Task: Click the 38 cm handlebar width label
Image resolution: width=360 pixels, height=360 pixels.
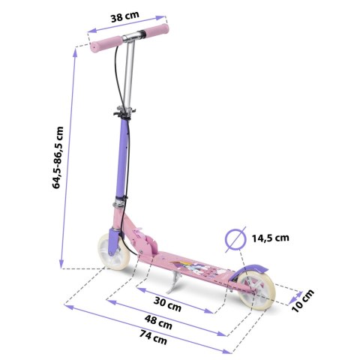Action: (124, 16)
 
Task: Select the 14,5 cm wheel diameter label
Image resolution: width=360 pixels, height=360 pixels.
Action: (270, 238)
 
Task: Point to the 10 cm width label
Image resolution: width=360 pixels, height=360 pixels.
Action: (303, 301)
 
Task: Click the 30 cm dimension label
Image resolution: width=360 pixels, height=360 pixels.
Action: (167, 304)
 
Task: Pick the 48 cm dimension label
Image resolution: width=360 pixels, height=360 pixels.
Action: (158, 322)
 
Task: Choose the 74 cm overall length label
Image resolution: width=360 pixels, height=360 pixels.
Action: (153, 337)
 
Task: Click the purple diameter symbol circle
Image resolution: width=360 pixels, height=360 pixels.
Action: (235, 239)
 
